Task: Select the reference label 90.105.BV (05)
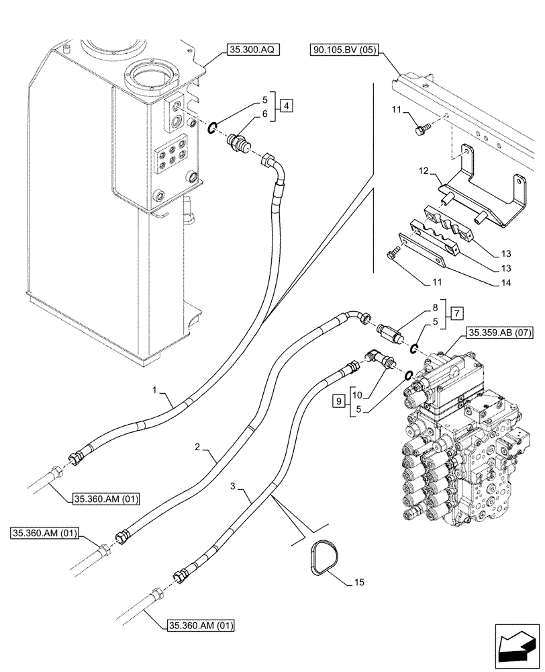point(343,49)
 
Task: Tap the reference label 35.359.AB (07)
point(497,333)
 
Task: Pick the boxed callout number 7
point(456,312)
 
